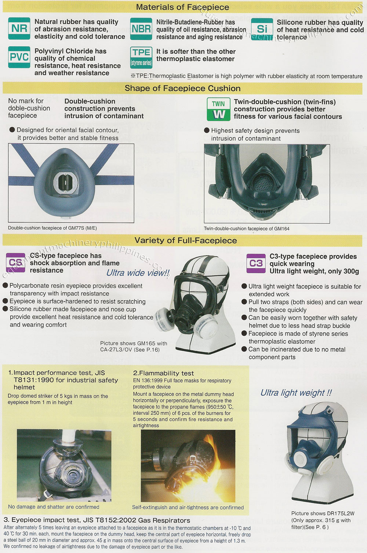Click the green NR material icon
[19, 29]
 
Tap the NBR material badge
[141, 29]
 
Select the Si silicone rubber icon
[262, 29]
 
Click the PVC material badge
[19, 57]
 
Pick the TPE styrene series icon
[141, 57]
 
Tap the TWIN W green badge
[219, 109]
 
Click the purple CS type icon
[16, 263]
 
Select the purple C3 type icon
[256, 263]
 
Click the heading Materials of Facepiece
[182, 7]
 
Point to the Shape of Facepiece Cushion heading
[182, 88]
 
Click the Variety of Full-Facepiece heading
[185, 240]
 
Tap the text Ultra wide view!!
[138, 273]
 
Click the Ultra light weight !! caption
[296, 393]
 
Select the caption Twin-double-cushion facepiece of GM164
[247, 228]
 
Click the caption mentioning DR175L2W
[323, 520]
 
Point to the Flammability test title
[163, 373]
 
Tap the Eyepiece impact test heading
[97, 520]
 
